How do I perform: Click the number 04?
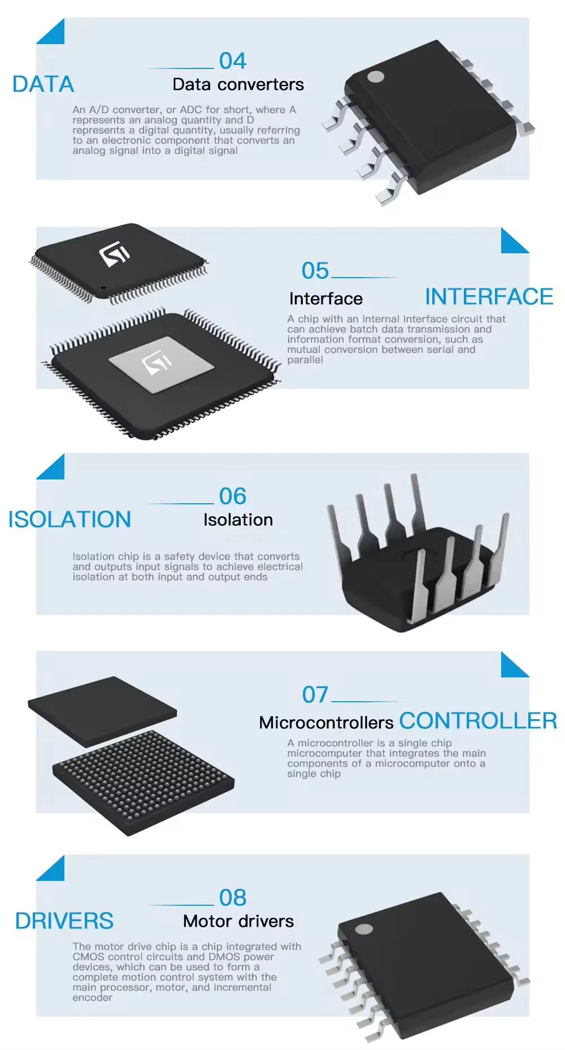point(232,61)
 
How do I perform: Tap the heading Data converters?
point(238,85)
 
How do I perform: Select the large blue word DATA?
point(43,84)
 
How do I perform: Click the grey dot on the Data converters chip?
point(375,77)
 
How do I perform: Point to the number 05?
point(315,271)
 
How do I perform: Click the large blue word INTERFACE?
point(489,297)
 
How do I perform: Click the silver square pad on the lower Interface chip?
point(161,364)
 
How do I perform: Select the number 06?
point(232,496)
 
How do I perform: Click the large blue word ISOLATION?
point(69,520)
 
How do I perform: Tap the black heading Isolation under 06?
point(238,520)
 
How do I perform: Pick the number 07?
point(315,695)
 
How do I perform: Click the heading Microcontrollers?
point(326,723)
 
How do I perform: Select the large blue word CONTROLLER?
point(478,721)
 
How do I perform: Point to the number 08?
point(232,898)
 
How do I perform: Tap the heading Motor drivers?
point(238,922)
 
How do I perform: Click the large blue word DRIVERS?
point(64,921)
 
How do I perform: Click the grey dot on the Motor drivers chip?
point(364,929)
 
